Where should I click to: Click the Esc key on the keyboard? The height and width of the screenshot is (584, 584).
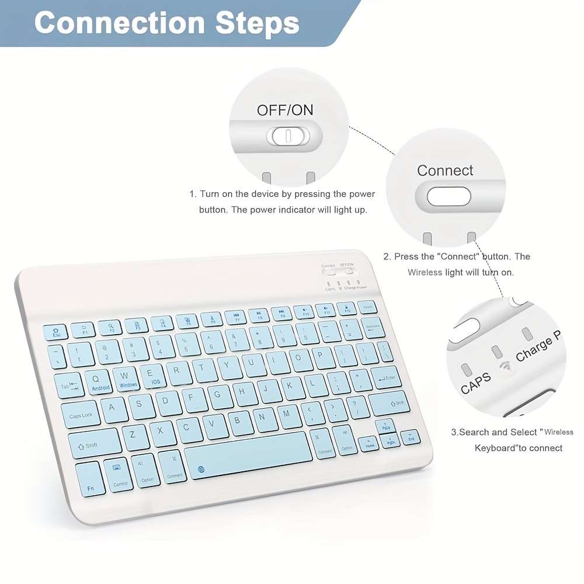[57, 332]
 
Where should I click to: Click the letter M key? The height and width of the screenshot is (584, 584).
[287, 415]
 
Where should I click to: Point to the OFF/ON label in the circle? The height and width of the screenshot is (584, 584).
[285, 110]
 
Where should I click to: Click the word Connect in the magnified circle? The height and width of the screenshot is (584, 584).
[445, 171]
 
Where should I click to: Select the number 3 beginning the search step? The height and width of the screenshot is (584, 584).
[453, 433]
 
